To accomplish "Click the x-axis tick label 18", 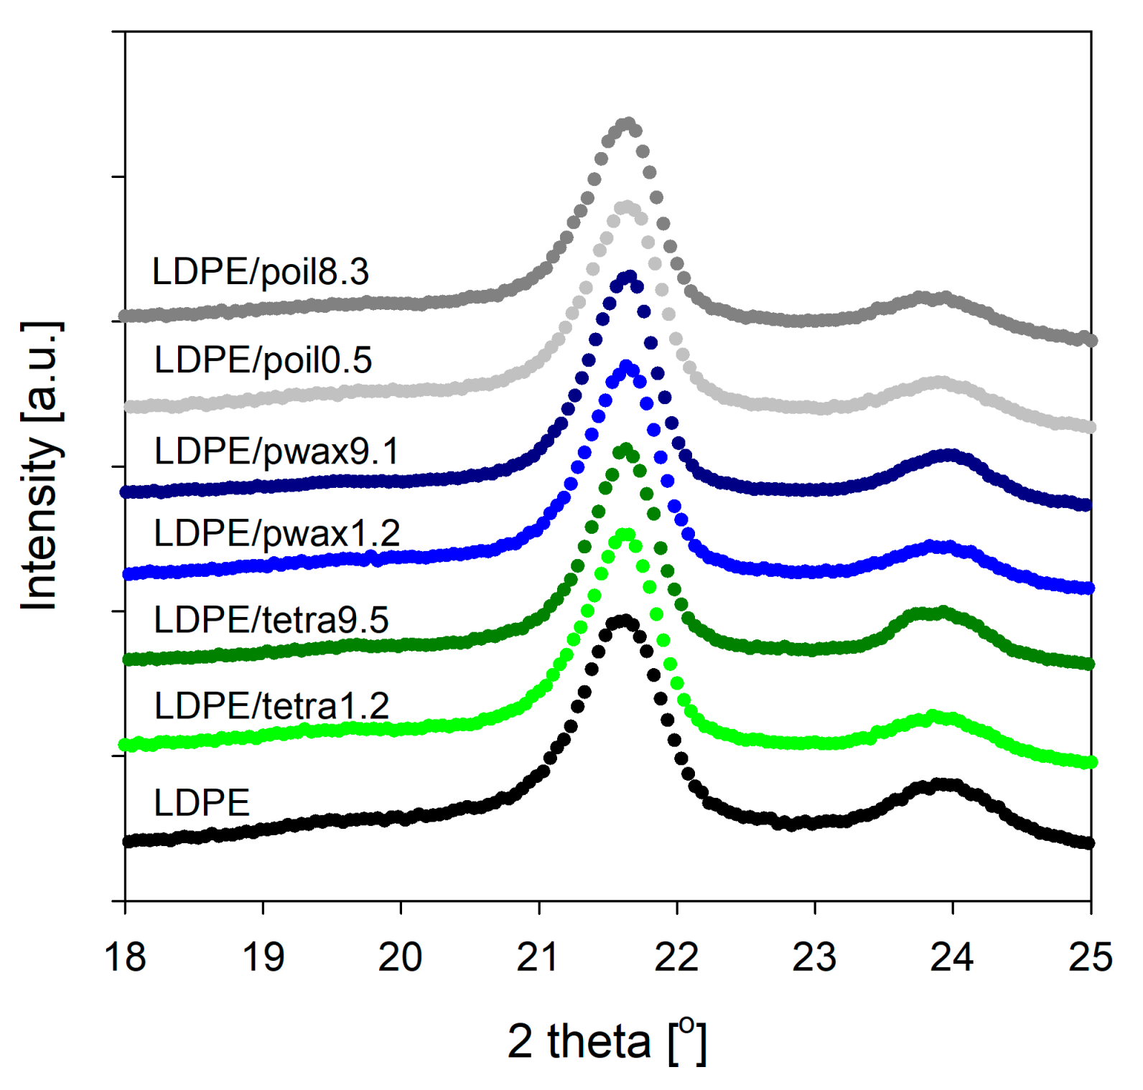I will (x=125, y=957).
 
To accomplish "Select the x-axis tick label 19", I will (x=263, y=957).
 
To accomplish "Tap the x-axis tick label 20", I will (x=400, y=957).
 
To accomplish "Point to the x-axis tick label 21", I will (x=538, y=957).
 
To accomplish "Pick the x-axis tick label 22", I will (x=676, y=957).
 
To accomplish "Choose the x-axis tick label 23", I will (x=814, y=957).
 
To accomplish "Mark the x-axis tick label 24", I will (x=952, y=957).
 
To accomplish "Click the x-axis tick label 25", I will (x=1090, y=957).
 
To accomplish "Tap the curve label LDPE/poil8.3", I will (x=260, y=272).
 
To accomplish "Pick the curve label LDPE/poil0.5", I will (x=263, y=360).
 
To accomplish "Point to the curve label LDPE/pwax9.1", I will (x=276, y=452).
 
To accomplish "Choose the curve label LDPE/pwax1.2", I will (x=276, y=534).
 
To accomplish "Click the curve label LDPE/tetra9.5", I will (x=271, y=620).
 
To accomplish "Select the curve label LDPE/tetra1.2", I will (x=271, y=706).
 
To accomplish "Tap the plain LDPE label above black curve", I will (x=202, y=802).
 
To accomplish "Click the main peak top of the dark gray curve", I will (x=628, y=123).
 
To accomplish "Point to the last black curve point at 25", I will (x=1088, y=842).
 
